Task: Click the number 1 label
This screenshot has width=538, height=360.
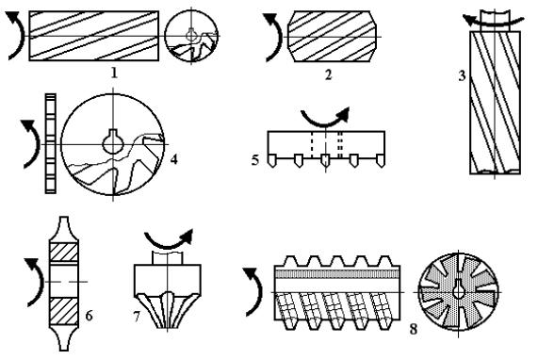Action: (114, 74)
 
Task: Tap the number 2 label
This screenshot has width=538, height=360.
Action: (328, 74)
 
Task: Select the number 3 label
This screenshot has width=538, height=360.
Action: (463, 75)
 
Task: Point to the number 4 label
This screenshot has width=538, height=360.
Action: (174, 159)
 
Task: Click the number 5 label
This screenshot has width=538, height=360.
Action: (255, 160)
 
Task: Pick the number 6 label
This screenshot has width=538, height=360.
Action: (89, 316)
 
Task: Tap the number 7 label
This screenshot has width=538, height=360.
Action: (137, 317)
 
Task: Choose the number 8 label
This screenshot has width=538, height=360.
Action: (414, 329)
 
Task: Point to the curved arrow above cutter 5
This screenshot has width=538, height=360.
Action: (324, 122)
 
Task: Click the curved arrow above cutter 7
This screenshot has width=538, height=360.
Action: (168, 244)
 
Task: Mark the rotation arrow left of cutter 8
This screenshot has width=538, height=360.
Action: (257, 292)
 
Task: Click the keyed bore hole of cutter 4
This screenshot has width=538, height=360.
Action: (113, 141)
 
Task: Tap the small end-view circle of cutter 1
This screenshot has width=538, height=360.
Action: (191, 36)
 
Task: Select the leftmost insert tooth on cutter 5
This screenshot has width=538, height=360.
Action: (271, 160)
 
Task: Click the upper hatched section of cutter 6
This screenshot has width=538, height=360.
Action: (64, 253)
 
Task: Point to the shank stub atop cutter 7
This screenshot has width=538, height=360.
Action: (168, 257)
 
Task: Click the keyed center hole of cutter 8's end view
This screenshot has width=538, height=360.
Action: (459, 289)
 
